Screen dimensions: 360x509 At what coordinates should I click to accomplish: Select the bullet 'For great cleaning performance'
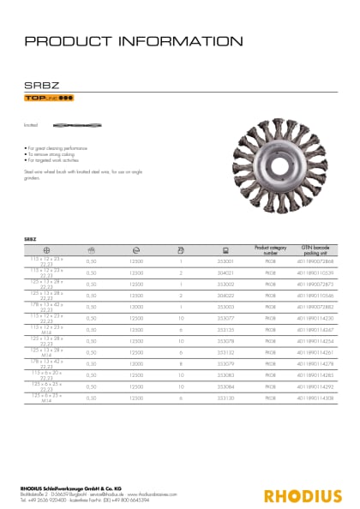point(57,149)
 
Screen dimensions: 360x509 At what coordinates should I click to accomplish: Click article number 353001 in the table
point(226,260)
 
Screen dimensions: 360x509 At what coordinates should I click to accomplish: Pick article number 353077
point(226,317)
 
